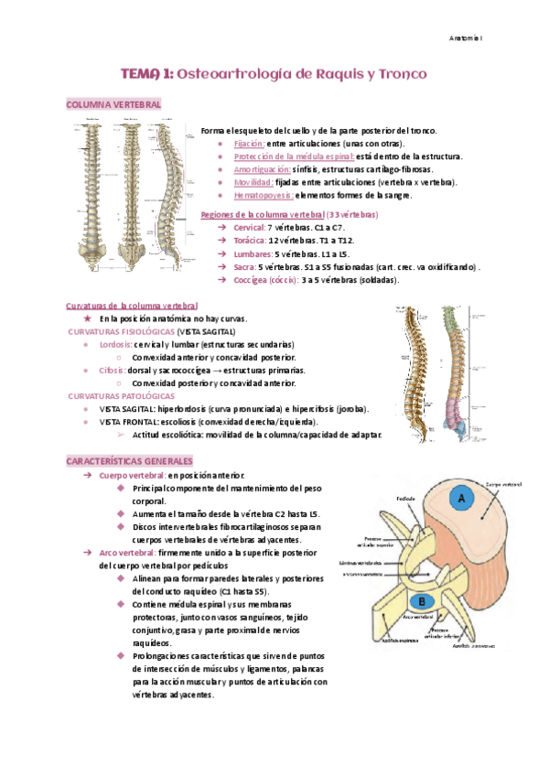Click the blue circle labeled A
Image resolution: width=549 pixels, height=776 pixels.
pyautogui.click(x=462, y=498)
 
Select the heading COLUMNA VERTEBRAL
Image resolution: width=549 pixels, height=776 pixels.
pyautogui.click(x=113, y=105)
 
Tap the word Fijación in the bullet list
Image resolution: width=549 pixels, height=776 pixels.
pyautogui.click(x=249, y=144)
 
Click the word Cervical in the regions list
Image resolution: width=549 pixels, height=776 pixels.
pyautogui.click(x=248, y=227)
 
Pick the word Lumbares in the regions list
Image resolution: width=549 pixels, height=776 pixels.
pyautogui.click(x=252, y=253)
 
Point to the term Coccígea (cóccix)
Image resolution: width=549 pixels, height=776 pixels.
pyautogui.click(x=265, y=279)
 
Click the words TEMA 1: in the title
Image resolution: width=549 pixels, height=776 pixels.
pyautogui.click(x=146, y=72)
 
